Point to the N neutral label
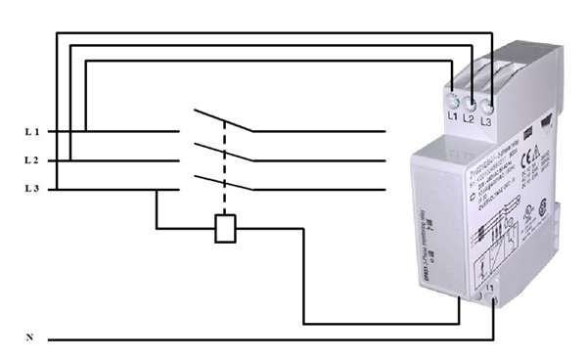coord(29,337)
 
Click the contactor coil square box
coord(224,229)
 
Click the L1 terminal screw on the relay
coord(454,99)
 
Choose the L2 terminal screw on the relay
coord(470,99)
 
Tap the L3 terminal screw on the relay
coord(486,98)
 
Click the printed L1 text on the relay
coord(453,116)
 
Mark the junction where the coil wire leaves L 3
coord(157,189)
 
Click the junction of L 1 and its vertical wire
coord(86,130)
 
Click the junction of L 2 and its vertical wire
coord(71,159)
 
